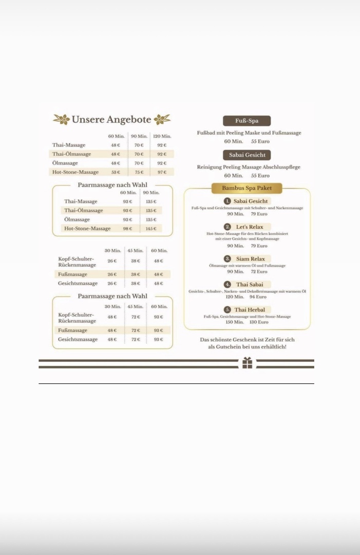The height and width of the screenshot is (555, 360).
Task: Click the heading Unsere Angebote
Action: point(111,120)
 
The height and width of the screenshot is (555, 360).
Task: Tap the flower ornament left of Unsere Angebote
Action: point(62,120)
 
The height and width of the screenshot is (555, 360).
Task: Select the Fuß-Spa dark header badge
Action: point(247,121)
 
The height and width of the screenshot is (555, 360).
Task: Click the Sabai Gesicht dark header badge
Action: point(247,155)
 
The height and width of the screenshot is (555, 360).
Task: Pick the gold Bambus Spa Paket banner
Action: point(247,188)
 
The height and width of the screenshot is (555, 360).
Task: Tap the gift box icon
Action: point(248,363)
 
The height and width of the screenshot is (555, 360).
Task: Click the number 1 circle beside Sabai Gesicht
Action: point(227,201)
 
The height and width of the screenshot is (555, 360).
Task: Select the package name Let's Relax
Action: point(250,227)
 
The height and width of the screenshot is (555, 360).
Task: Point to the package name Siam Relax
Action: point(251,258)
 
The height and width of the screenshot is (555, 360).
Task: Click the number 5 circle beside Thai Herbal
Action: point(228,309)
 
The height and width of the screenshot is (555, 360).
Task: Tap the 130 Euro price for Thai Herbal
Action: point(259,322)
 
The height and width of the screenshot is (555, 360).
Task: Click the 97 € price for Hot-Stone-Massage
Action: point(162,172)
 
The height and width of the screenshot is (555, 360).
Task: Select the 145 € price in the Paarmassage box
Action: point(151,229)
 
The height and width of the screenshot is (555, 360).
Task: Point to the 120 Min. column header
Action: point(162,136)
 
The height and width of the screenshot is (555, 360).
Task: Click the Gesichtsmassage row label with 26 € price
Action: point(78,283)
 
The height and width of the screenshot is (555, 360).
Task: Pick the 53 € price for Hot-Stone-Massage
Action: point(116,172)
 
